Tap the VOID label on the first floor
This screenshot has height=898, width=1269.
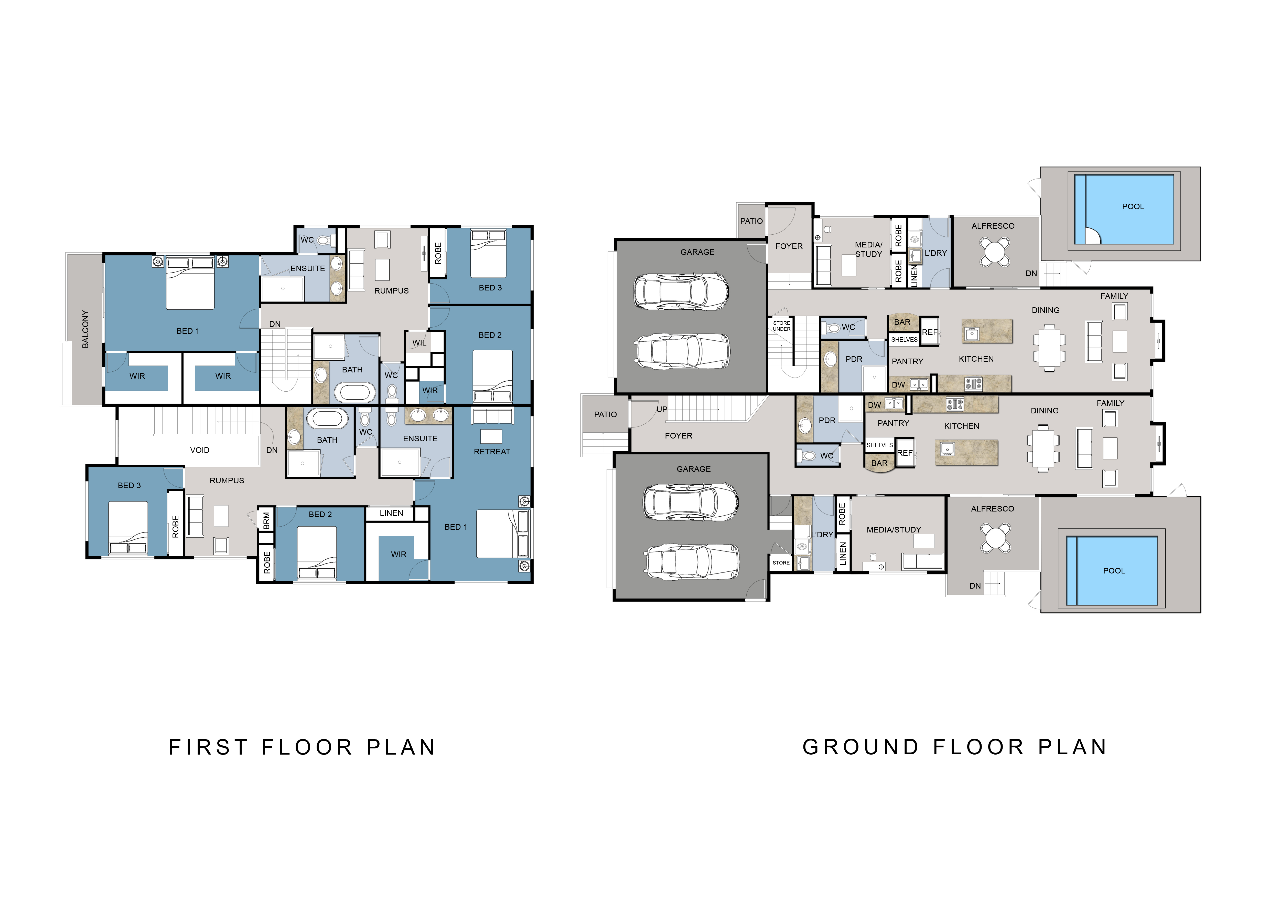[x=200, y=450]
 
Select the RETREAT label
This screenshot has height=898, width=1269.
[x=492, y=452]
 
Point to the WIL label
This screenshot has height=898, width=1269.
[x=420, y=343]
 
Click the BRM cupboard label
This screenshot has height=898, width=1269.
[x=266, y=520]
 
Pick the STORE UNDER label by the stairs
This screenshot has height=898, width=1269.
[x=781, y=326]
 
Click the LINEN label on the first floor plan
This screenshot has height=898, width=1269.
[x=391, y=513]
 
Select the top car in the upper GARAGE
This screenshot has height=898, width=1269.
[x=681, y=291]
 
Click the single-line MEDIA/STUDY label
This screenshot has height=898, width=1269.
[x=894, y=530]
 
